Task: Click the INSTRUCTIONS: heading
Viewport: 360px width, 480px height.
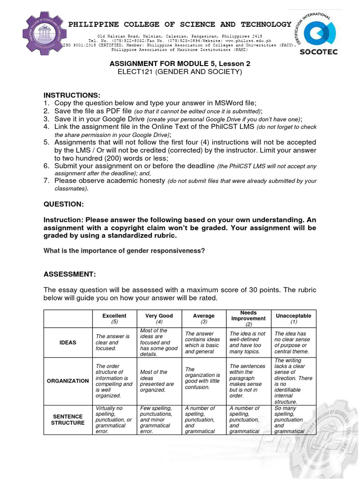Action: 72,96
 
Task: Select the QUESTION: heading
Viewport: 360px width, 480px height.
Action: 64,204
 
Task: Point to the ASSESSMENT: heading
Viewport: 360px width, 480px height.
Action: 69,274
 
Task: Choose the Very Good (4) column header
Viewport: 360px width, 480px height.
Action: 159,319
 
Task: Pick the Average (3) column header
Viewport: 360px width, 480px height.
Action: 203,319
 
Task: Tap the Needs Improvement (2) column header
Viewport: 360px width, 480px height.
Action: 248,318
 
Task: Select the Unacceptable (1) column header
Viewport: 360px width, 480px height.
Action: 293,319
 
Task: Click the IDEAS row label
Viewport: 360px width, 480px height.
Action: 68,343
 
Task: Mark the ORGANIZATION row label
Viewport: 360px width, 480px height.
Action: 68,381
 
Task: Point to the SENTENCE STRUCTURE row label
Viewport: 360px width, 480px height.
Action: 68,420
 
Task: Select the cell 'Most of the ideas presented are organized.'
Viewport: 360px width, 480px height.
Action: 157,381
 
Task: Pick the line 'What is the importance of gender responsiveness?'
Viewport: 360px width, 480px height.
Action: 124,251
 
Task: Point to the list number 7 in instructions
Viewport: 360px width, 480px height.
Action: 46,181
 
